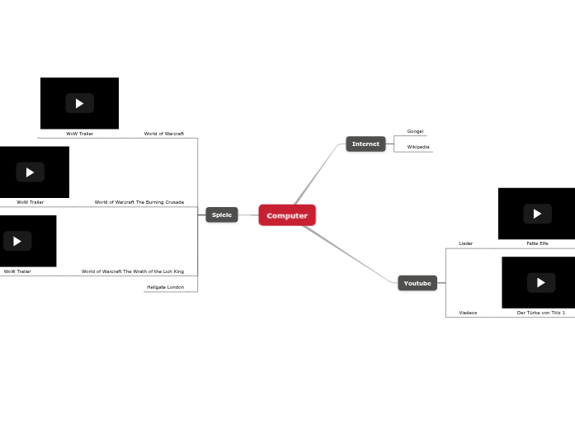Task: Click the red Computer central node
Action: pyautogui.click(x=287, y=215)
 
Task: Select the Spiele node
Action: pyautogui.click(x=222, y=214)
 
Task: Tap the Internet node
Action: pyautogui.click(x=365, y=144)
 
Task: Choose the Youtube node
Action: pyautogui.click(x=417, y=283)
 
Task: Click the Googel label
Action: pyautogui.click(x=415, y=131)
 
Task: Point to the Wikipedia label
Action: pyautogui.click(x=418, y=147)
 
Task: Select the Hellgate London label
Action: pyautogui.click(x=165, y=287)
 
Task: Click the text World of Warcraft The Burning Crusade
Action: pyautogui.click(x=139, y=202)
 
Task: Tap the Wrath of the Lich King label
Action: pyautogui.click(x=133, y=271)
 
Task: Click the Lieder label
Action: pyautogui.click(x=466, y=243)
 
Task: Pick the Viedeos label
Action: pyautogui.click(x=468, y=313)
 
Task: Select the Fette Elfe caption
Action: pyautogui.click(x=537, y=243)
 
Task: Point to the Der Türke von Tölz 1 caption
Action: pyautogui.click(x=541, y=313)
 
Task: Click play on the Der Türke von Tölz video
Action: pyautogui.click(x=541, y=282)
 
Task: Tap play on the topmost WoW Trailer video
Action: pyautogui.click(x=80, y=103)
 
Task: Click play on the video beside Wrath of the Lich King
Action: pyautogui.click(x=17, y=241)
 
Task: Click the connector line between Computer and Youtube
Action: pyautogui.click(x=351, y=255)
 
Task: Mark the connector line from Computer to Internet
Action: pyautogui.click(x=318, y=175)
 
